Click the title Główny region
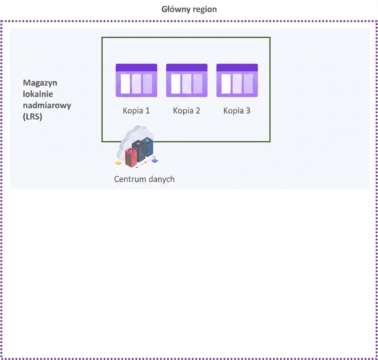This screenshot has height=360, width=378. tap(189, 9)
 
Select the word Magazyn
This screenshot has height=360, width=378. tap(40, 83)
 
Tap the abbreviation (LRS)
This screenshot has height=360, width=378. tap(32, 116)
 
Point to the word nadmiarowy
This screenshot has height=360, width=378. tap(47, 105)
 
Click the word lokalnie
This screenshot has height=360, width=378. tap(38, 94)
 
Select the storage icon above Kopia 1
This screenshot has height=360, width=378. tap(136, 80)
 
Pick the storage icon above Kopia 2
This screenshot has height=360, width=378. tap(187, 80)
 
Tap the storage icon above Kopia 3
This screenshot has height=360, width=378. tap(237, 80)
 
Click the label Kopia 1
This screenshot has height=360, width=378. tap(136, 111)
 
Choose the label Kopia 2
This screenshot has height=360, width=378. tap(187, 111)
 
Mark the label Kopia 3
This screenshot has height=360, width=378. tap(237, 111)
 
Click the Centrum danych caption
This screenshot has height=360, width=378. tap(145, 179)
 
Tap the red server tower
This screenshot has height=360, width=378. tap(131, 157)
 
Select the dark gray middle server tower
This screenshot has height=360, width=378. tap(138, 151)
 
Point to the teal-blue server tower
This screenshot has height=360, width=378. tap(147, 147)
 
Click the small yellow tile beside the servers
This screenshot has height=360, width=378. tap(119, 163)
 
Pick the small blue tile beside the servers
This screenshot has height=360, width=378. tap(155, 161)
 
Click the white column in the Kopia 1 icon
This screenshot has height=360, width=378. tap(125, 84)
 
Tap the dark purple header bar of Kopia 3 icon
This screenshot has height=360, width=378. tap(237, 67)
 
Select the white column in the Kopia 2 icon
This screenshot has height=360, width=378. tap(176, 84)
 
